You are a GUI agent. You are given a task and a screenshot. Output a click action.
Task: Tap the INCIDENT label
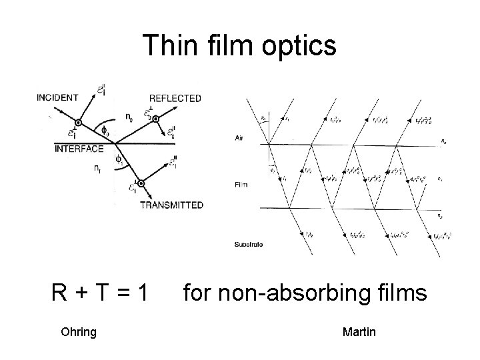click(x=57, y=97)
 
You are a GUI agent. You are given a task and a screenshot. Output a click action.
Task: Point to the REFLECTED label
click(x=175, y=98)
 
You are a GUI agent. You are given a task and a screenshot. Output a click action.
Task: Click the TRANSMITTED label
click(x=171, y=205)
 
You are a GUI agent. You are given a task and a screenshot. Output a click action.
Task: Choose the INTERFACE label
click(x=79, y=149)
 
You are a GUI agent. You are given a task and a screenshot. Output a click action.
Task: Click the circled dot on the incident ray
click(x=78, y=123)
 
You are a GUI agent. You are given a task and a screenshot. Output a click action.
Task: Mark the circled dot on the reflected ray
click(x=155, y=119)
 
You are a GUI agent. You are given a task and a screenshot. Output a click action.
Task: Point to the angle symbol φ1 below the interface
click(x=119, y=161)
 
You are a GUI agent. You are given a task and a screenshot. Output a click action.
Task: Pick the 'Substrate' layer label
click(x=248, y=245)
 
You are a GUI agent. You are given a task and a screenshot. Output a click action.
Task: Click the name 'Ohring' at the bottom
click(x=78, y=331)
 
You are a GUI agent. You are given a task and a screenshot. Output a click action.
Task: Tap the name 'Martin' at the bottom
click(x=359, y=331)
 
